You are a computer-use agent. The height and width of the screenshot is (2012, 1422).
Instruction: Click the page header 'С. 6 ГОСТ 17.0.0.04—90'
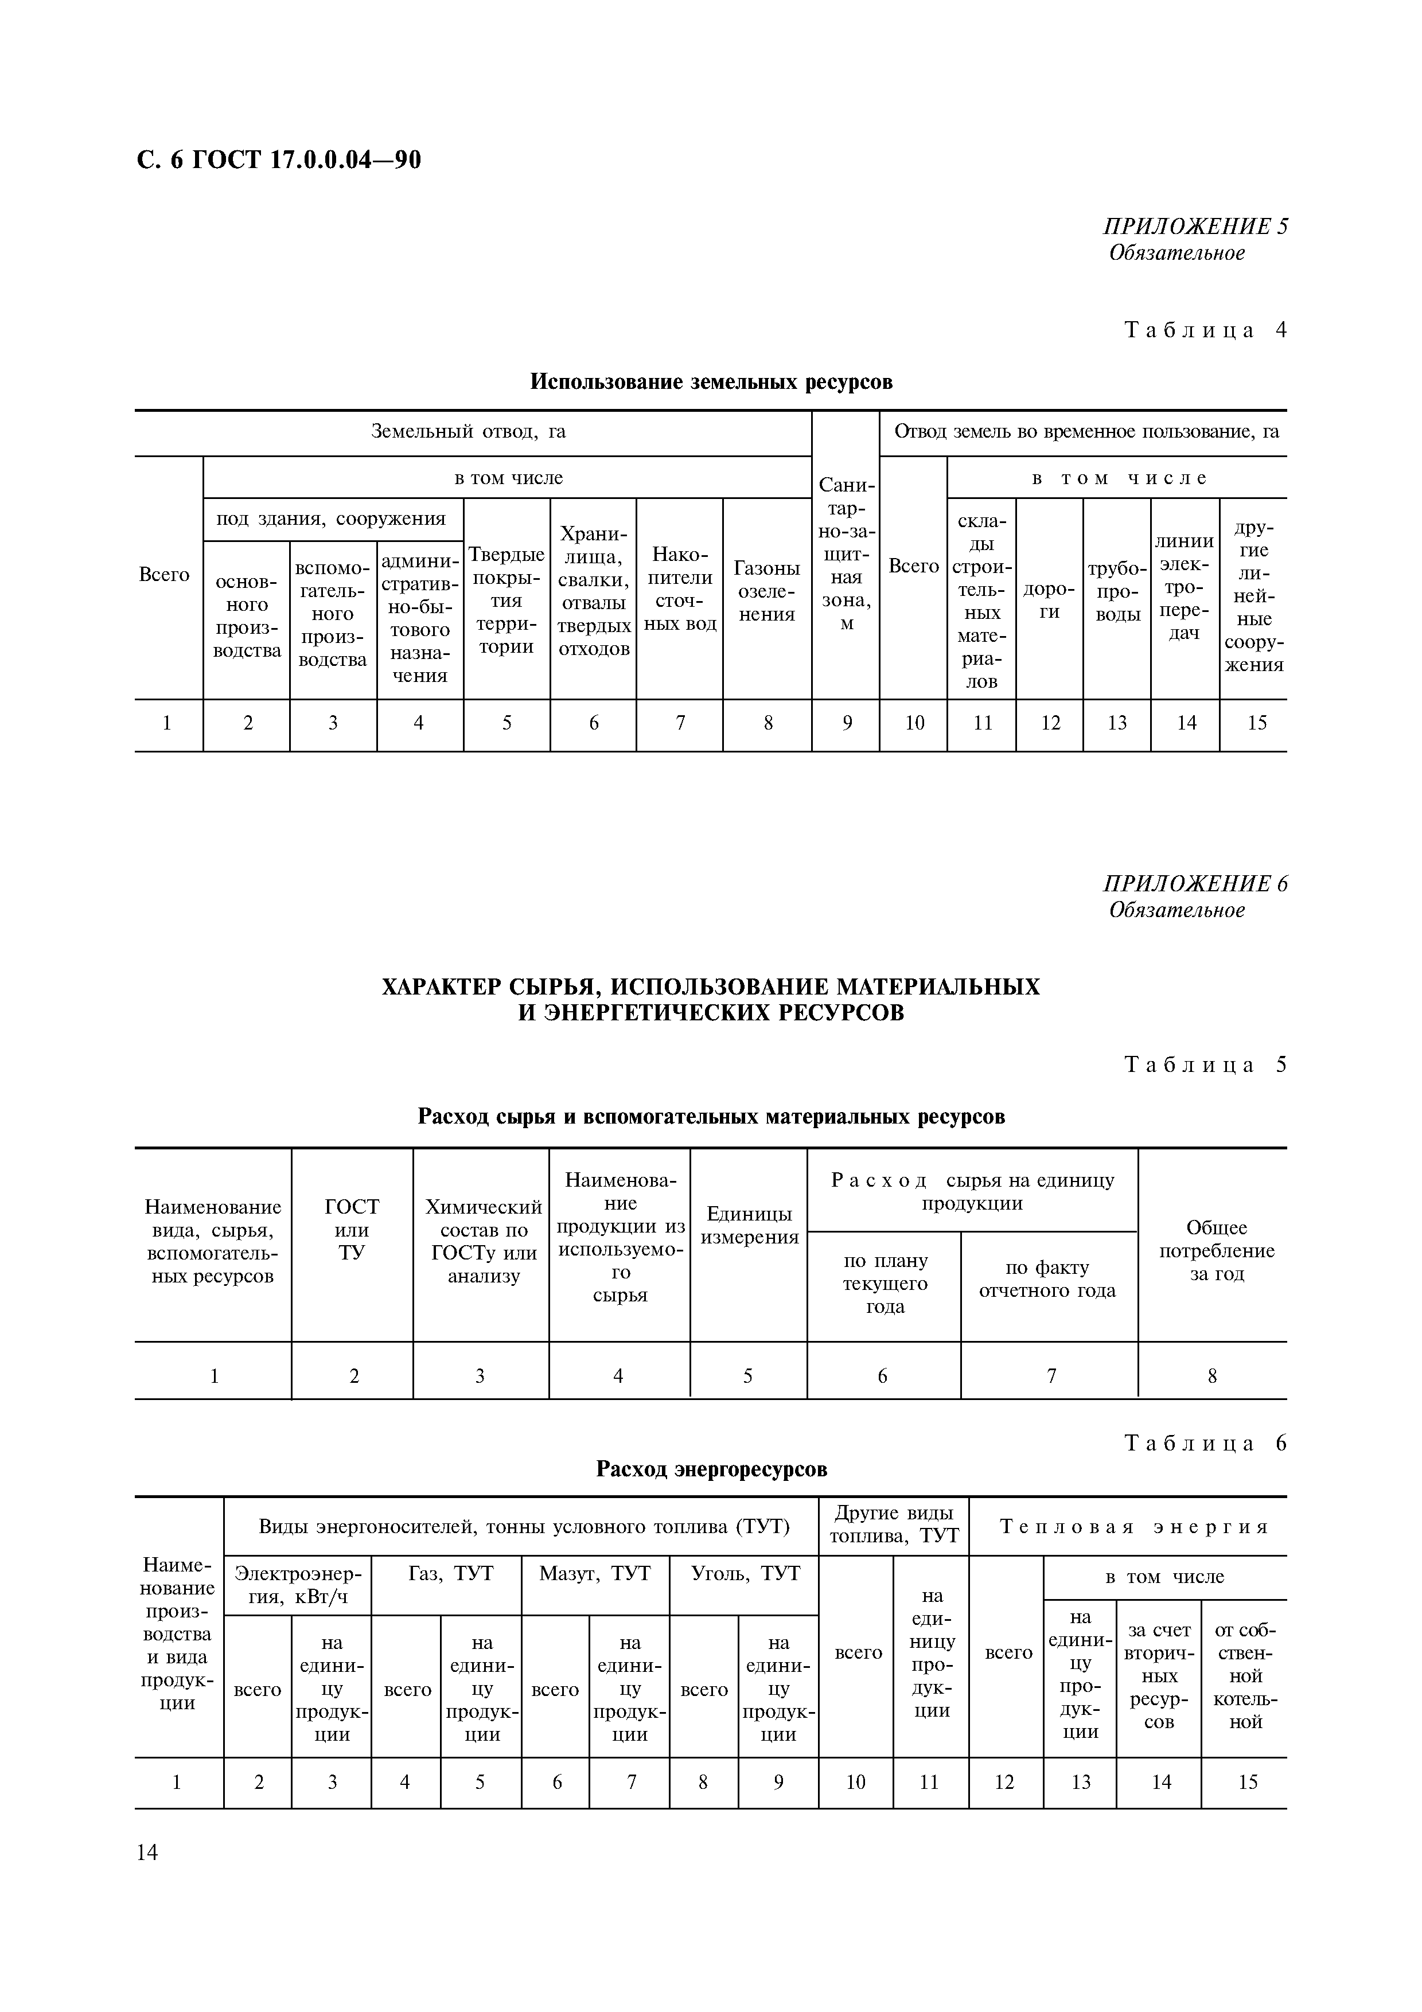(x=279, y=159)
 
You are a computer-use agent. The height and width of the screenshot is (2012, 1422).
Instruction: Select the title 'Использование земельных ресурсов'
(x=711, y=382)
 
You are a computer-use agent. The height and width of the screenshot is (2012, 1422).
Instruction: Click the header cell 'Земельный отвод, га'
(x=469, y=432)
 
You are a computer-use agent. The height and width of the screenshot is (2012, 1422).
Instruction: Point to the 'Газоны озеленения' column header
(x=766, y=591)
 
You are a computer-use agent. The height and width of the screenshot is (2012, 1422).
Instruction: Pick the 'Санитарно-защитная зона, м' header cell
(x=846, y=554)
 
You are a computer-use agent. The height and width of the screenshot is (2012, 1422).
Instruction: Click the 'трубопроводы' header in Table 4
(x=1117, y=591)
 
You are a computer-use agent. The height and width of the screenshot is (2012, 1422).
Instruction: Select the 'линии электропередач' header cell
(x=1185, y=587)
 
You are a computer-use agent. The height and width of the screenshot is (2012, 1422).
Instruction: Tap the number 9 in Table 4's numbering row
(x=846, y=723)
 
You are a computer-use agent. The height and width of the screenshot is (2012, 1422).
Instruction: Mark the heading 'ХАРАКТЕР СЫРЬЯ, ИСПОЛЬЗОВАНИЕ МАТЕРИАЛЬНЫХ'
(x=711, y=986)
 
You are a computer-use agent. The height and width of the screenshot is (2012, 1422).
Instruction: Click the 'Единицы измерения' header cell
(x=749, y=1225)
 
